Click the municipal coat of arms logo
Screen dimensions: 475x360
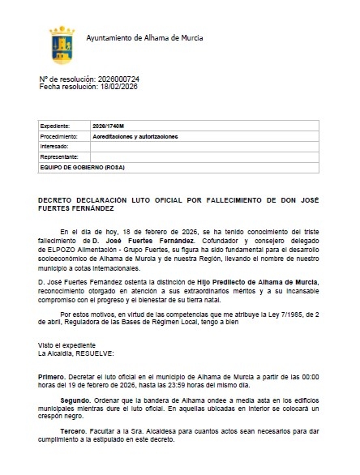point(63,41)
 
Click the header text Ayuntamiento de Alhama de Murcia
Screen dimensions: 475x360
point(144,38)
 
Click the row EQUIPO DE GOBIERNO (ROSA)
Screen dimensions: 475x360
point(81,166)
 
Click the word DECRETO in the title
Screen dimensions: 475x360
point(54,198)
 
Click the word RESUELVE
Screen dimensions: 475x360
point(97,353)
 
